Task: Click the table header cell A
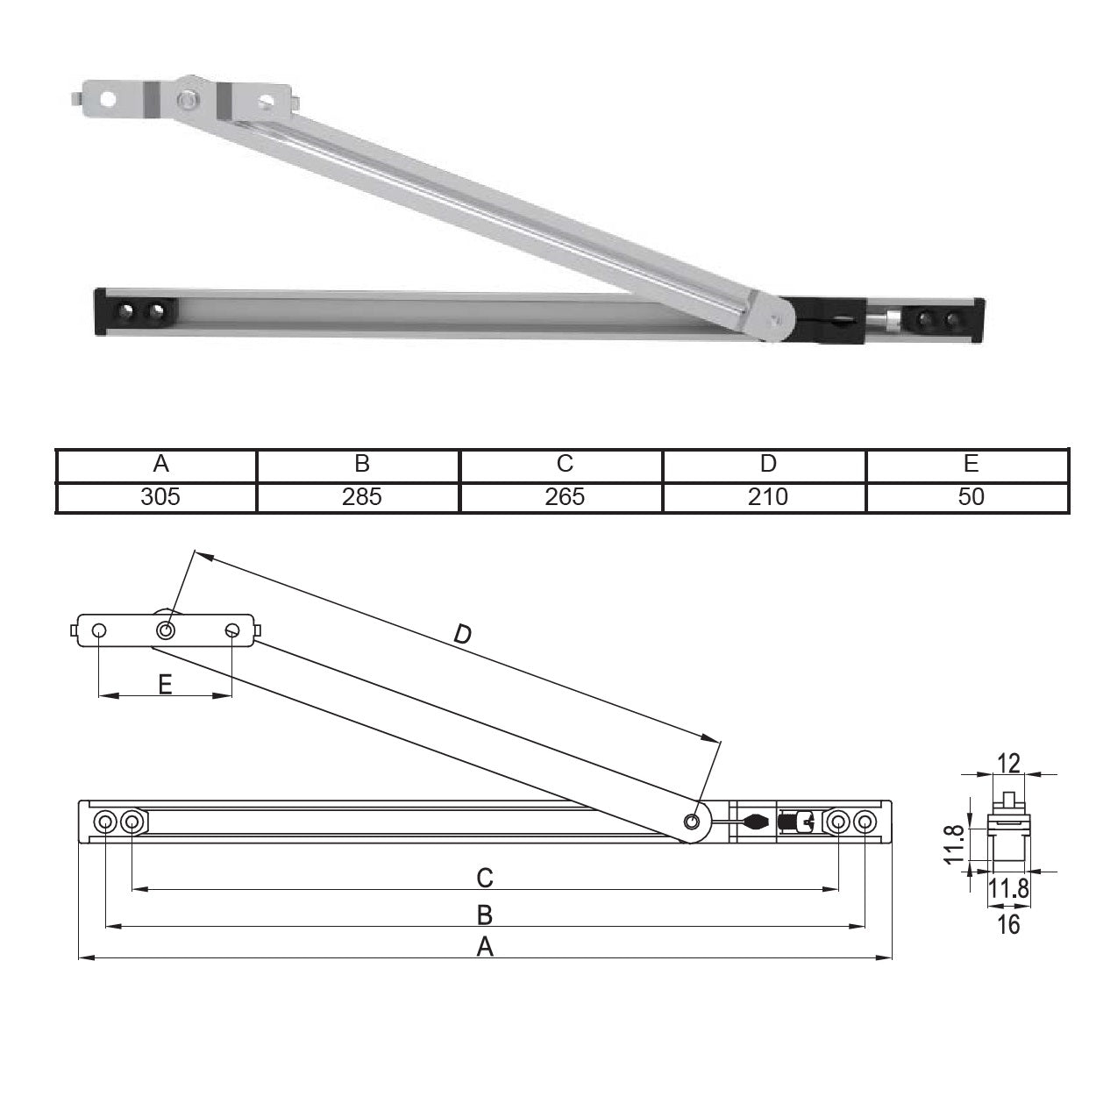pos(160,464)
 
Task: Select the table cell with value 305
pos(160,496)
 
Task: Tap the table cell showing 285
pos(361,496)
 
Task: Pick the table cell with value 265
pos(564,496)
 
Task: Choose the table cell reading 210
pos(767,496)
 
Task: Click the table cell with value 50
pos(970,496)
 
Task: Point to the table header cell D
pos(767,464)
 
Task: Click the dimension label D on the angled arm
pos(462,634)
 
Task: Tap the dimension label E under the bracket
pos(166,684)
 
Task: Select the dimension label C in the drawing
pos(484,877)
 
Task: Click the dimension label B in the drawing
pos(484,915)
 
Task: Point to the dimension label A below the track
pos(484,947)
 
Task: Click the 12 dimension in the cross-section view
pos(1009,763)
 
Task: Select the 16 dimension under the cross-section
pos(1008,924)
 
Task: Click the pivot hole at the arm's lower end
pos(692,822)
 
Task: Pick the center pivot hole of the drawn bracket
pos(166,630)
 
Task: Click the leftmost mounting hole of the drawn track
pos(105,822)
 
